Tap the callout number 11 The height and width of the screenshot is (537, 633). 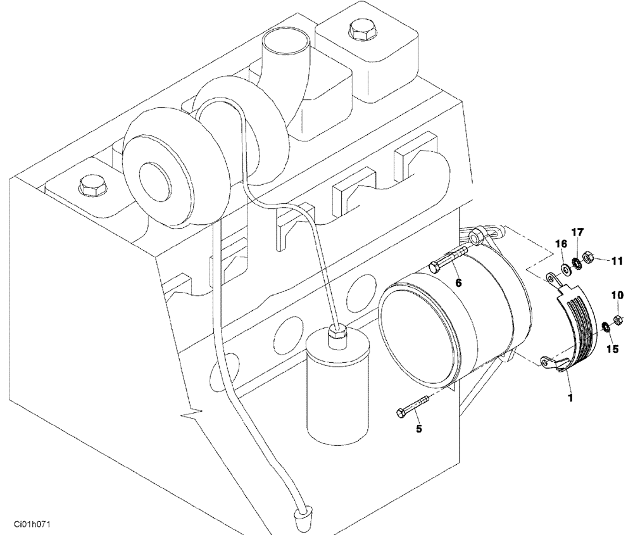tap(617, 260)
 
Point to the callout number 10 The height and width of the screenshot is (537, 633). tap(617, 294)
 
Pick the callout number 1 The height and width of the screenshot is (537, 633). tap(570, 398)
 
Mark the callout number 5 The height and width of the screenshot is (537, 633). tap(418, 429)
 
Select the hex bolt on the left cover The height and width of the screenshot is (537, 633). tap(86, 186)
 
